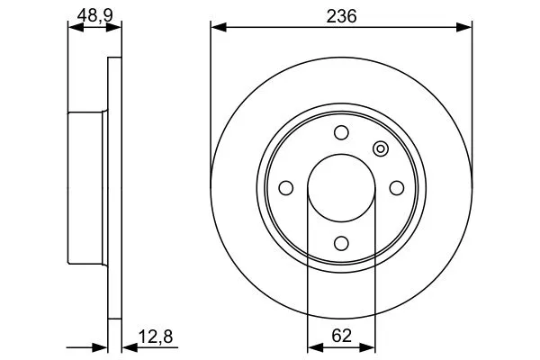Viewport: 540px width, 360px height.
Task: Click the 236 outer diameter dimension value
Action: pos(340,14)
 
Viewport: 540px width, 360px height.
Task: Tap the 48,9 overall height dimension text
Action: pos(94,14)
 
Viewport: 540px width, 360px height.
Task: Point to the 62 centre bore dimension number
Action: pos(340,337)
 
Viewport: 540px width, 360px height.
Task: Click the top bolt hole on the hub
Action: pos(341,133)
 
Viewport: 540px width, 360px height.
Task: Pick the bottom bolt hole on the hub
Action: pos(341,242)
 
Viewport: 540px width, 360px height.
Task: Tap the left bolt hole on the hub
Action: pos(286,187)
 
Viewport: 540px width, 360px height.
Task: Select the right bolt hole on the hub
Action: pos(396,187)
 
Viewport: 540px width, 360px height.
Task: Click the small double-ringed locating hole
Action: pos(380,148)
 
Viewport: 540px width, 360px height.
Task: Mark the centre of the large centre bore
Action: pos(341,187)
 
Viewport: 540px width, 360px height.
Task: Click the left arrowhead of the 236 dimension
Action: pos(217,28)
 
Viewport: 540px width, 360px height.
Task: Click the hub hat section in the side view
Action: pos(88,187)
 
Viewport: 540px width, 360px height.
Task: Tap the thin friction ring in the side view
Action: pos(113,187)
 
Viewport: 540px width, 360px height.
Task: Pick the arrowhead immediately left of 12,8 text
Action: pos(127,346)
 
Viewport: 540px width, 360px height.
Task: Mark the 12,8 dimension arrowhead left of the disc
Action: pos(101,346)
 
